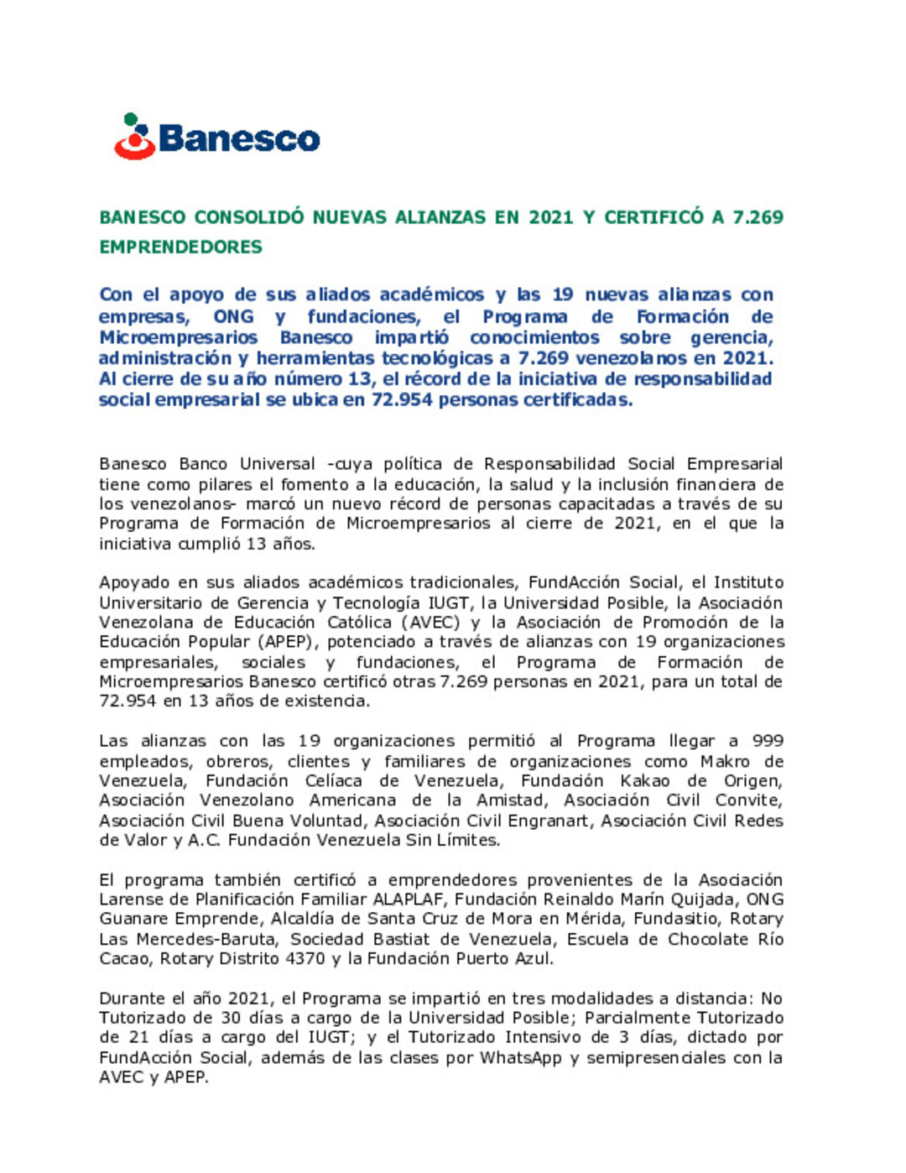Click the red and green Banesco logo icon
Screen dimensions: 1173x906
click(x=134, y=137)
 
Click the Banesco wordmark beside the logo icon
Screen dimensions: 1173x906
click(x=239, y=139)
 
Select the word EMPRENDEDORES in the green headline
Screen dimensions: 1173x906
click(x=180, y=247)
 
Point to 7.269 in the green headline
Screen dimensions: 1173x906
click(x=758, y=217)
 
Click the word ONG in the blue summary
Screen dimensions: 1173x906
click(x=233, y=316)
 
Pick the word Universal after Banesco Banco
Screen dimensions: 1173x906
click(x=277, y=464)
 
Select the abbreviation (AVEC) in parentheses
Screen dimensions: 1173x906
click(x=430, y=623)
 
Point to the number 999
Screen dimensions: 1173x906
click(x=768, y=741)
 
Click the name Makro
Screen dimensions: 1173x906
click(x=725, y=761)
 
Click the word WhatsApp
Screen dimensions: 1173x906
click(x=520, y=1057)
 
